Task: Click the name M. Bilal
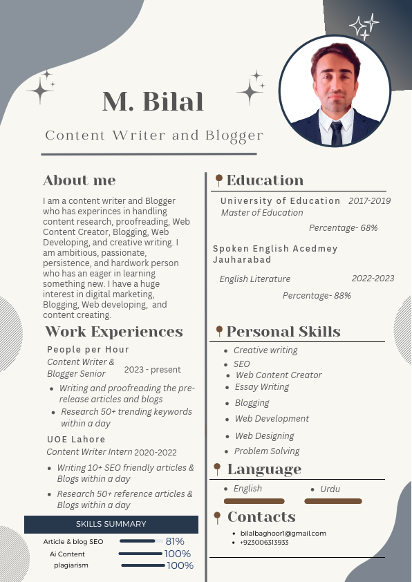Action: (x=153, y=102)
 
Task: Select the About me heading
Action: (x=79, y=180)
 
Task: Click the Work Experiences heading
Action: (x=114, y=332)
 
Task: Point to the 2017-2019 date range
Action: (x=369, y=201)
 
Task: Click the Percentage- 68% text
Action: (x=343, y=227)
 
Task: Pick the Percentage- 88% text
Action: (x=317, y=295)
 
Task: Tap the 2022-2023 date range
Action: (x=373, y=279)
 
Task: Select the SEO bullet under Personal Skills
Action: (x=241, y=364)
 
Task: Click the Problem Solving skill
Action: (x=267, y=451)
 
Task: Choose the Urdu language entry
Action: (x=330, y=489)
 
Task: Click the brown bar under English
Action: (x=254, y=501)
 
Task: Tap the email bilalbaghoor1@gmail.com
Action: (x=283, y=533)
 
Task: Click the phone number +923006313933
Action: (x=265, y=542)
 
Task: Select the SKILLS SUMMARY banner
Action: (x=111, y=524)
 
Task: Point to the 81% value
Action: (x=175, y=541)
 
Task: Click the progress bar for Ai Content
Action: (x=140, y=554)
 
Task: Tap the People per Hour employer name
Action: (x=88, y=349)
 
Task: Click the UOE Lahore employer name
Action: (x=76, y=439)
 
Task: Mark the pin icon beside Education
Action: (x=219, y=180)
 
